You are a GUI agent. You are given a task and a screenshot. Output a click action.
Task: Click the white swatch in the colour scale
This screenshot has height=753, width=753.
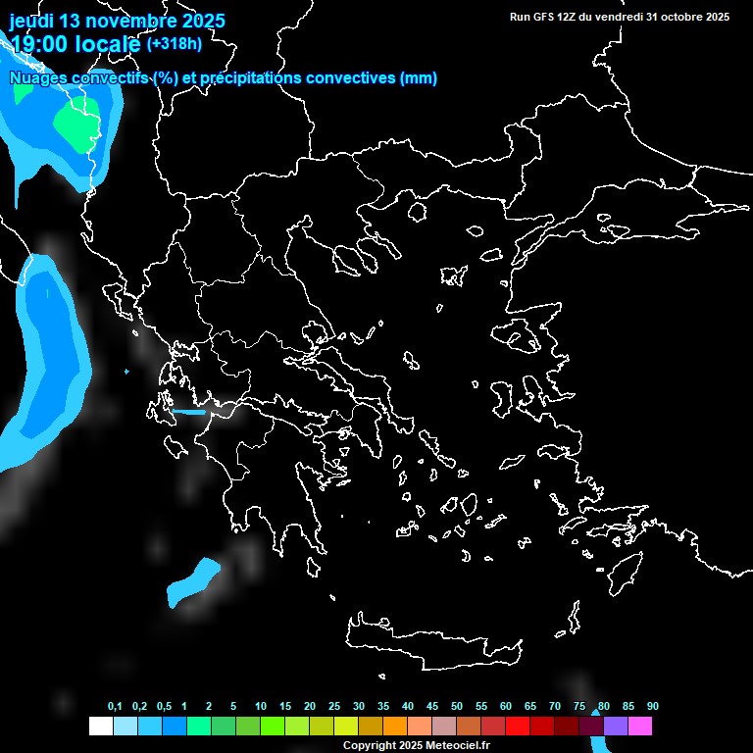100,726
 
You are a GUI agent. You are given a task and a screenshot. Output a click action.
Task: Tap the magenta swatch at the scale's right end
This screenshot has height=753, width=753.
640,726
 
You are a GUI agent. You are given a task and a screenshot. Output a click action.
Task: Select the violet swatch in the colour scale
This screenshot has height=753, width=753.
616,726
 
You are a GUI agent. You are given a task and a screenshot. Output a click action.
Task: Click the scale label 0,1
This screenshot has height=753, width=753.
115,706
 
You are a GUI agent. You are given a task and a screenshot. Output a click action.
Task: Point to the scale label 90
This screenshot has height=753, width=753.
653,706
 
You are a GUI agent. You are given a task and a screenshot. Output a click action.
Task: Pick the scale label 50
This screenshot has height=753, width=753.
457,706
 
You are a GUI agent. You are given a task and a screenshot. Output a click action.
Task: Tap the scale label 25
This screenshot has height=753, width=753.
334,706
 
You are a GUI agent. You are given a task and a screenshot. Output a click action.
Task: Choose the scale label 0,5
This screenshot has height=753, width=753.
164,706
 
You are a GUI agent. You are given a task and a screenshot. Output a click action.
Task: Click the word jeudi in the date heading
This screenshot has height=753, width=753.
32,21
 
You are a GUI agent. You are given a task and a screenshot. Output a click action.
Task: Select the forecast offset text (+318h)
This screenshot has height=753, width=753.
174,43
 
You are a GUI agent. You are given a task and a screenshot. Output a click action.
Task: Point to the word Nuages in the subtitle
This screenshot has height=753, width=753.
39,78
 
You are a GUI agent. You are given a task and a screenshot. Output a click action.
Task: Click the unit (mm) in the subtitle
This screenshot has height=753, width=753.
419,78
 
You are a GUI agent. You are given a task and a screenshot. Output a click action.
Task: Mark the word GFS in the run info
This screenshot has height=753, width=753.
544,17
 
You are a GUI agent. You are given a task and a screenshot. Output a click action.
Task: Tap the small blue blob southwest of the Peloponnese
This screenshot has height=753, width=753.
193,582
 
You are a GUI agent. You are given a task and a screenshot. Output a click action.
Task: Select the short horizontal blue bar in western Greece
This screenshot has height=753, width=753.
188,412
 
